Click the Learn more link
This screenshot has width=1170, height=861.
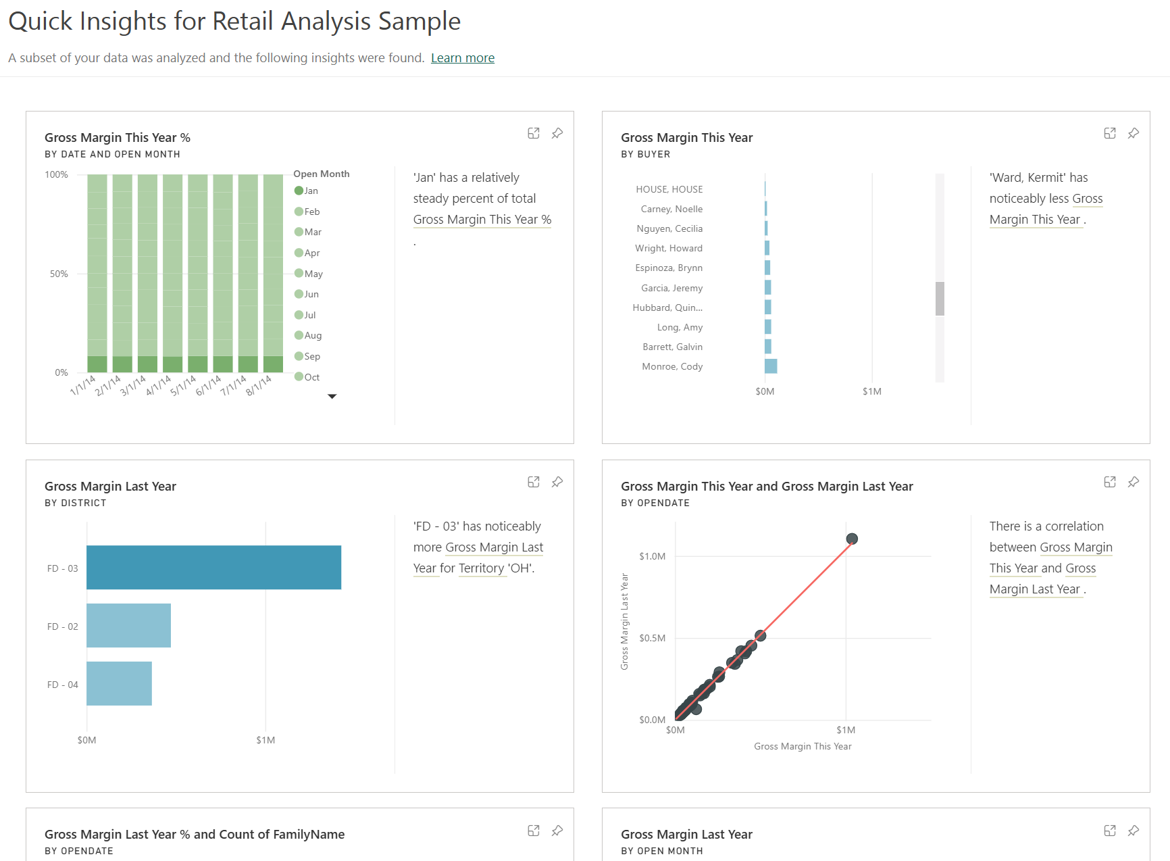pos(463,58)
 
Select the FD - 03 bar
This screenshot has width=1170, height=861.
pos(213,568)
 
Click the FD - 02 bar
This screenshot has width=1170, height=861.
pos(128,626)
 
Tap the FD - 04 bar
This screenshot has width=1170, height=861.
pos(119,684)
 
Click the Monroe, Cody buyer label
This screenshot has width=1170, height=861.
pos(672,366)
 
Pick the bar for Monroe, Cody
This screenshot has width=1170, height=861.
pos(771,366)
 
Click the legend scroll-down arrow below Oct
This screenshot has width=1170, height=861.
pos(332,397)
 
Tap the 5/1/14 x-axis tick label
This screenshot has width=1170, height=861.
pos(182,386)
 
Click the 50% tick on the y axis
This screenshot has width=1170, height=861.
pos(59,274)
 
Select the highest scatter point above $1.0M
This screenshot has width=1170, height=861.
pos(852,539)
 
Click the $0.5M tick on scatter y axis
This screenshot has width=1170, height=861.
pos(652,638)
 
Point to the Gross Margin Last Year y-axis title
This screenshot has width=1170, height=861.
pos(625,622)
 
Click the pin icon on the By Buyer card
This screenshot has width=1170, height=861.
pos(1134,133)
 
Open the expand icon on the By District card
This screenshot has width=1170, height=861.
pos(534,482)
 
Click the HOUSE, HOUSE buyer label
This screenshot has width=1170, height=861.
pos(669,189)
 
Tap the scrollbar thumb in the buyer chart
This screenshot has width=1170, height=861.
pos(940,299)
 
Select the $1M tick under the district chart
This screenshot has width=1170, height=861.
pos(265,740)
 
